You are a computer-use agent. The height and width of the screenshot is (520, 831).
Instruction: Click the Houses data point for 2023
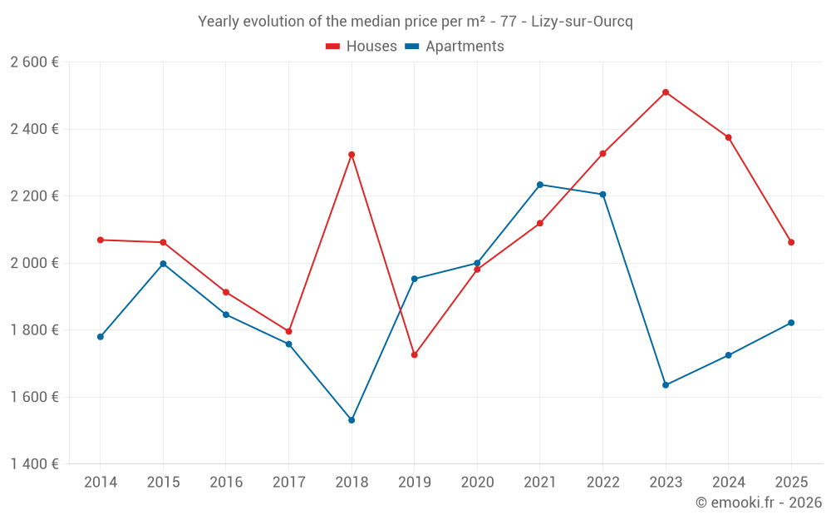pos(666,92)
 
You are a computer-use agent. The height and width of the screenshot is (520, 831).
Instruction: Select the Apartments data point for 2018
pos(352,420)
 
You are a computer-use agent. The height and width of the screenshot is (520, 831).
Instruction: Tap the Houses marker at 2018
pos(352,155)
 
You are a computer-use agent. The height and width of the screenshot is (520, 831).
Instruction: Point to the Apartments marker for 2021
pos(540,185)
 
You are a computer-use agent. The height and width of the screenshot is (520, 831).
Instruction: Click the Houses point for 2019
pos(415,355)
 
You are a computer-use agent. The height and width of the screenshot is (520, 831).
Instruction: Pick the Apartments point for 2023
pos(666,385)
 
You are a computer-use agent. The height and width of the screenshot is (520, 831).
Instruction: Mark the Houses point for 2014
pos(101,240)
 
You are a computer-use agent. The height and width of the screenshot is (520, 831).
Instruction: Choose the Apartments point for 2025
pos(791,323)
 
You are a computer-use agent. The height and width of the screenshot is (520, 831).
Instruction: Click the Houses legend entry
pos(361,47)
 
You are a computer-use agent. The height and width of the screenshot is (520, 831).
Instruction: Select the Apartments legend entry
pos(455,47)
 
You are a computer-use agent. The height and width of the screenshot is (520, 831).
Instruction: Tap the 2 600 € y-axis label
pos(34,62)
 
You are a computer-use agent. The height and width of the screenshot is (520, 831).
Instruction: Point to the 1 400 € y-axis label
pos(34,464)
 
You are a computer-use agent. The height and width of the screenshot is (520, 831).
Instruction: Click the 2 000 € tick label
pos(34,263)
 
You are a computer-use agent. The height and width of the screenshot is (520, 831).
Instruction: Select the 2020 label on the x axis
pos(477,483)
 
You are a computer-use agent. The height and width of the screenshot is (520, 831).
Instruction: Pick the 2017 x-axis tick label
pos(288,483)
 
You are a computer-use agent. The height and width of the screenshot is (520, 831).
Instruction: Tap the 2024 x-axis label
pos(728,483)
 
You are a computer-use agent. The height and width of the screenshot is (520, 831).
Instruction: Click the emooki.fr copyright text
pos(758,503)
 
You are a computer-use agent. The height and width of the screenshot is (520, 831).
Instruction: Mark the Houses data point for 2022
pos(602,154)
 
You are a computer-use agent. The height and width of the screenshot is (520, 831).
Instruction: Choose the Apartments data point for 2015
pos(163,264)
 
